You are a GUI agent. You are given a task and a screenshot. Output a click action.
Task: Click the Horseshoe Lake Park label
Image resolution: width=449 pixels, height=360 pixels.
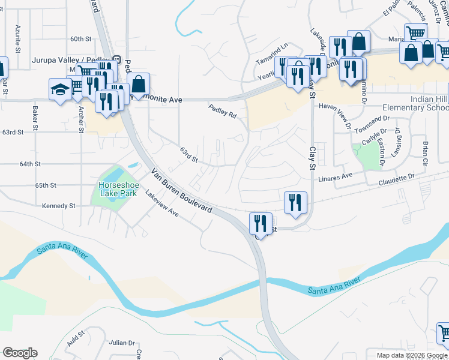point(119,185)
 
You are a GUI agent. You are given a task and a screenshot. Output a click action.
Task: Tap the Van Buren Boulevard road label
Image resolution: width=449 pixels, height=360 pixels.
point(181,191)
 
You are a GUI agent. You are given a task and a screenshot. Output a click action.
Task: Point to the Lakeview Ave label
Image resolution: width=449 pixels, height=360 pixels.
point(163,204)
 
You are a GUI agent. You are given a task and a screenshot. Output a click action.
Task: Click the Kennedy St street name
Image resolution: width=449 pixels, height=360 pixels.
point(58,206)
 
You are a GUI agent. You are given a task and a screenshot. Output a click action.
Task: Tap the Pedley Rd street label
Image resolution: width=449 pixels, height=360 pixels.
point(222,111)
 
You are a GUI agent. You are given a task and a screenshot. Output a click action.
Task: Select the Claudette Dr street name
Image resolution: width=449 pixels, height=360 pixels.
point(396,176)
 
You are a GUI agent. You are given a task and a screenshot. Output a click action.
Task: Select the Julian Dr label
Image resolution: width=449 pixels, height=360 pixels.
point(122,343)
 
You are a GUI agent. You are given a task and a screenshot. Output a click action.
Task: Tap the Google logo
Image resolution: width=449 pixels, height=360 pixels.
point(20,353)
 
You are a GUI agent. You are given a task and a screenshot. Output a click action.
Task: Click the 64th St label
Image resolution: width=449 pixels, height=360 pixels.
point(29,163)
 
